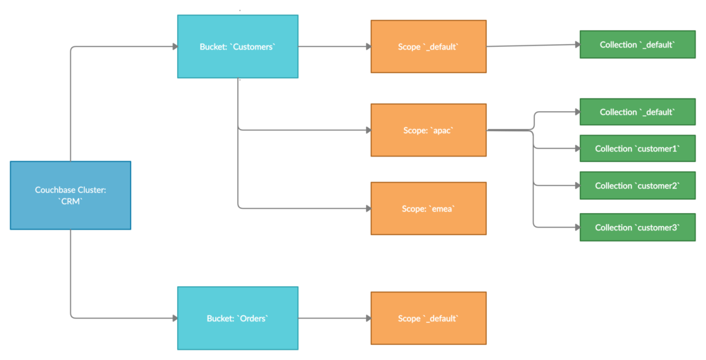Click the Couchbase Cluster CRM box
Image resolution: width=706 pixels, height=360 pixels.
70,195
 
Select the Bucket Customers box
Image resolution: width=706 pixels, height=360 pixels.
238,47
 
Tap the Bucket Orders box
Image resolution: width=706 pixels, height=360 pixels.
238,318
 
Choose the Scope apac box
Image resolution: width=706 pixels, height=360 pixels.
428,130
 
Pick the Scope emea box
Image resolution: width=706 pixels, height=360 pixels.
428,208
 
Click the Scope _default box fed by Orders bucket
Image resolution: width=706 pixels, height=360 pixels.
428,318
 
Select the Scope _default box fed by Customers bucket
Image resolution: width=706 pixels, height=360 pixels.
428,47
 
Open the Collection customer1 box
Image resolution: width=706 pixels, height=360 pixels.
638,148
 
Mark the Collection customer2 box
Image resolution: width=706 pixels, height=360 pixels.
638,186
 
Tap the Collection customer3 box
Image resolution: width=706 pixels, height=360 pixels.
638,227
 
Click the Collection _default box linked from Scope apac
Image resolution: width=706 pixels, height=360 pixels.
638,112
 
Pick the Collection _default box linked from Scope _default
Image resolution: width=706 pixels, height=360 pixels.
638,45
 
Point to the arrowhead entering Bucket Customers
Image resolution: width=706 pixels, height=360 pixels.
174,47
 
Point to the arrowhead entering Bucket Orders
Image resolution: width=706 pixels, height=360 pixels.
174,318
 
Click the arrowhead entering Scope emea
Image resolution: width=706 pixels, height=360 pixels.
367,208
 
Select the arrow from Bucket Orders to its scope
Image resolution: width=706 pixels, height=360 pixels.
334,318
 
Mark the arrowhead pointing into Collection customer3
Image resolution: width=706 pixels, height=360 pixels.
577,227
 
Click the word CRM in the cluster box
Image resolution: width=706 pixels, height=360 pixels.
71,201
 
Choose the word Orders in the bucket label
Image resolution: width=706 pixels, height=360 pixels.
252,318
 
